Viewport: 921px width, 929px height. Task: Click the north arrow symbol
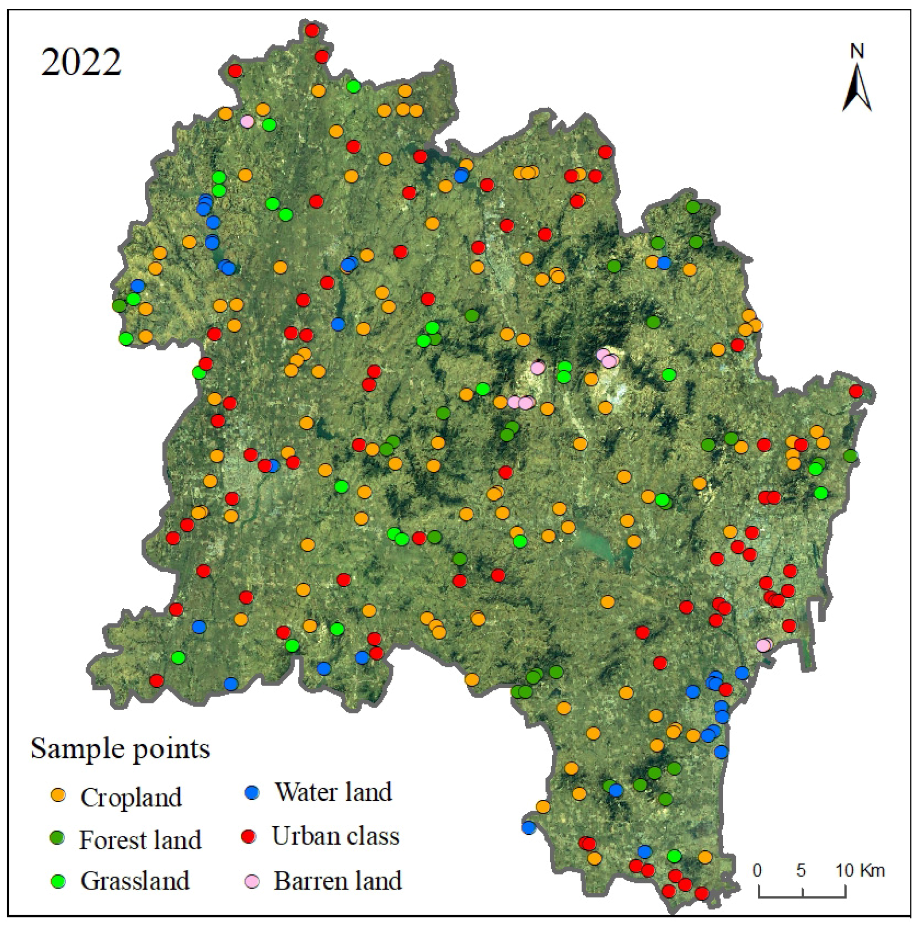pyautogui.click(x=857, y=91)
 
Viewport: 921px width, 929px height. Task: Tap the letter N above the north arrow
pyautogui.click(x=857, y=51)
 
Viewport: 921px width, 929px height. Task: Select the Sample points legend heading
pyautogui.click(x=120, y=749)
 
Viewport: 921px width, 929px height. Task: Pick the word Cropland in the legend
pyautogui.click(x=131, y=797)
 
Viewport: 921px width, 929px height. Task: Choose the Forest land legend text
pyautogui.click(x=140, y=840)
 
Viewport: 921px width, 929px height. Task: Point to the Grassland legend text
pyautogui.click(x=135, y=881)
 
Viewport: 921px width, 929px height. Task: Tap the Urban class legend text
pyautogui.click(x=336, y=836)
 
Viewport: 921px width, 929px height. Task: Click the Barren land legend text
pyautogui.click(x=338, y=881)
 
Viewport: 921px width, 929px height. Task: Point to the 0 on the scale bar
pyautogui.click(x=757, y=870)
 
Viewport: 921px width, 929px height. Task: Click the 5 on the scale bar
pyautogui.click(x=801, y=870)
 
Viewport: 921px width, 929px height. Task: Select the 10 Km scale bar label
pyautogui.click(x=860, y=870)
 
